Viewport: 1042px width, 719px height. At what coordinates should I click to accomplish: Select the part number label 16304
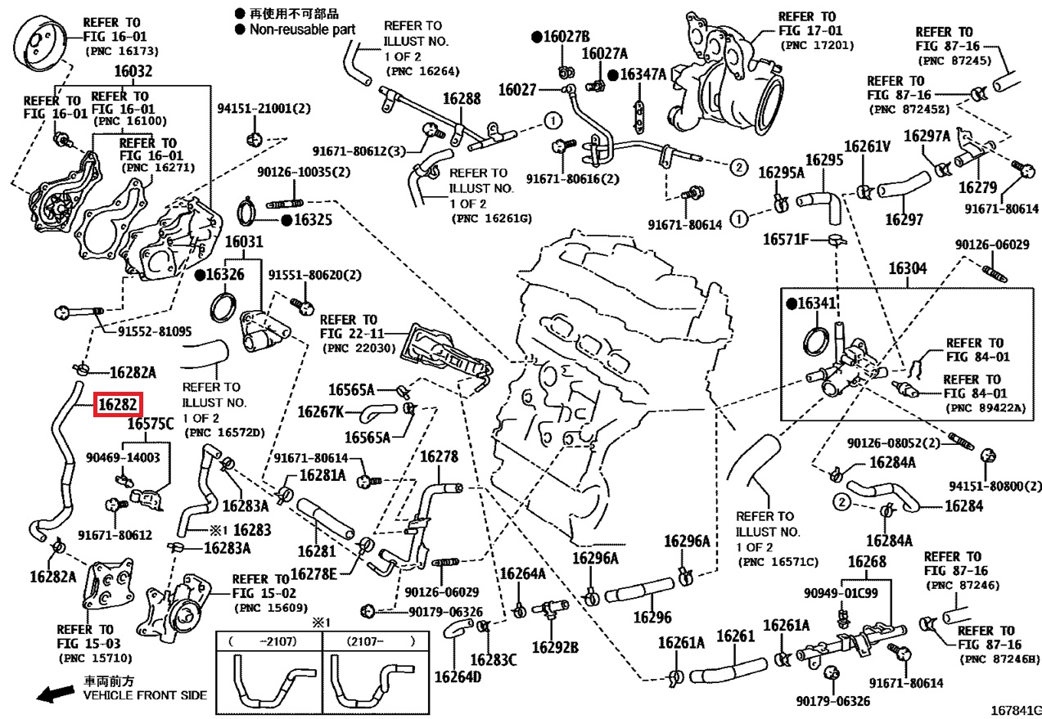pyautogui.click(x=908, y=268)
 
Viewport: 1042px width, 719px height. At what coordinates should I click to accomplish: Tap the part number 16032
pyautogui.click(x=133, y=71)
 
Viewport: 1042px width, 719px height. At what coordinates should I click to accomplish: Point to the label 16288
pyautogui.click(x=462, y=98)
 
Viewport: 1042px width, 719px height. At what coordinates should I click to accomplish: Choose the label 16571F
pyautogui.click(x=786, y=240)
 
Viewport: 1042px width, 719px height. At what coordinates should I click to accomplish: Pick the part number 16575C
pyautogui.click(x=151, y=424)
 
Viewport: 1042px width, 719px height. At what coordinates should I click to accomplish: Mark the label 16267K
pyautogui.click(x=321, y=411)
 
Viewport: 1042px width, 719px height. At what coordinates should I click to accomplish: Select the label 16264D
pyautogui.click(x=458, y=677)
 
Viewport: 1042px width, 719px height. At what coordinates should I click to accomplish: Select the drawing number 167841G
pyautogui.click(x=1014, y=708)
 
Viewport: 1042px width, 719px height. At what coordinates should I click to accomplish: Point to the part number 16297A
pyautogui.click(x=927, y=136)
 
